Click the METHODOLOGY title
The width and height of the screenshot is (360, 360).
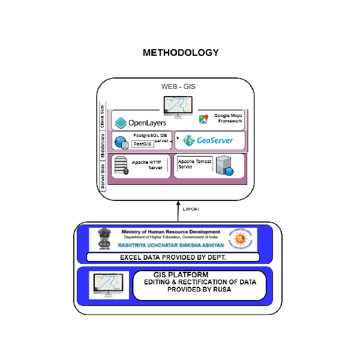pos(181,53)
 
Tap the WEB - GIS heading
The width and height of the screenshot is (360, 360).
pos(178,87)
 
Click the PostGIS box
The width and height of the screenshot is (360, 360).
pos(142,145)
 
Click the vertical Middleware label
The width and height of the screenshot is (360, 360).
pos(103,143)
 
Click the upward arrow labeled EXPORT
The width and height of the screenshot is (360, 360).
pos(178,211)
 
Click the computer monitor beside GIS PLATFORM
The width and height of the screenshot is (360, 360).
pos(109,285)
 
